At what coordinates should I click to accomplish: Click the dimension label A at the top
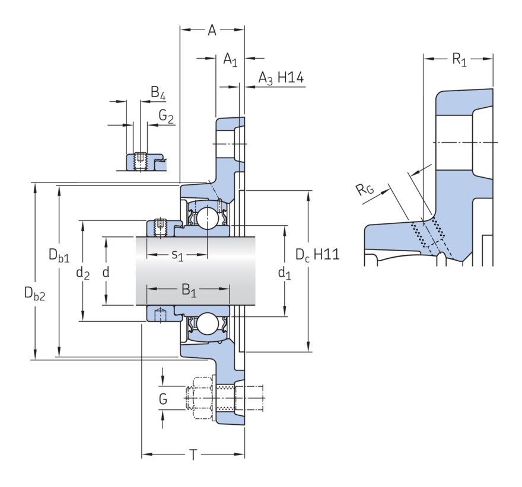(x=212, y=30)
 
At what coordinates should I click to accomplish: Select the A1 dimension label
(x=230, y=60)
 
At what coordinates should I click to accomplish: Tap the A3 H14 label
(x=281, y=78)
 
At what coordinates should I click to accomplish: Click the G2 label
(x=166, y=116)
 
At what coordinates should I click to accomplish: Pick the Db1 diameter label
(x=59, y=255)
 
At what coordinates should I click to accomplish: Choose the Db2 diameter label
(x=34, y=293)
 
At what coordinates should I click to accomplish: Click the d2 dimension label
(x=82, y=274)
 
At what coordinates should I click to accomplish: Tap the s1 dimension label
(x=177, y=255)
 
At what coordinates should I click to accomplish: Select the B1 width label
(x=189, y=290)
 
